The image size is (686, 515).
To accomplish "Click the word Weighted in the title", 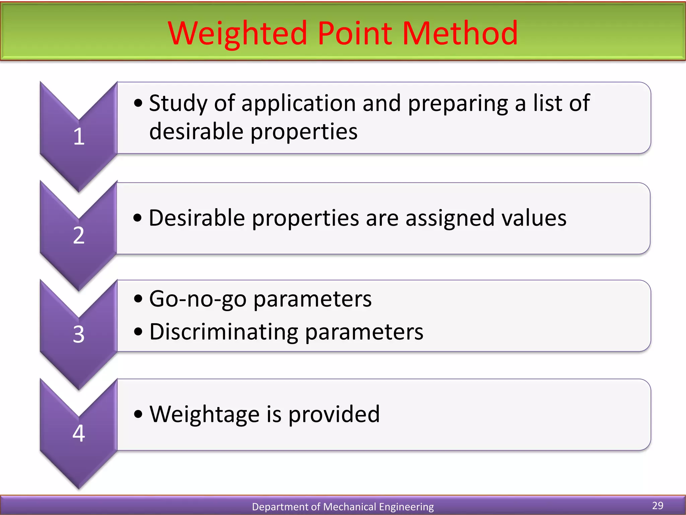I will [237, 34].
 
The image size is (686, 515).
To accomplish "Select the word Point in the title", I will [355, 34].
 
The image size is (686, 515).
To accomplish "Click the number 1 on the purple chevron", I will [79, 137].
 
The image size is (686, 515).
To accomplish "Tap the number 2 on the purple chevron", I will [79, 235].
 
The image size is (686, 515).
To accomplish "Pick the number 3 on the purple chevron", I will [79, 334].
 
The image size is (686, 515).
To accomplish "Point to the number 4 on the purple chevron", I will [79, 433].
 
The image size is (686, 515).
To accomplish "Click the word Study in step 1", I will [178, 103].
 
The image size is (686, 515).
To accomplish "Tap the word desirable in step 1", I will [196, 131].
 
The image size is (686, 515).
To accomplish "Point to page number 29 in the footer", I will [658, 505].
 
